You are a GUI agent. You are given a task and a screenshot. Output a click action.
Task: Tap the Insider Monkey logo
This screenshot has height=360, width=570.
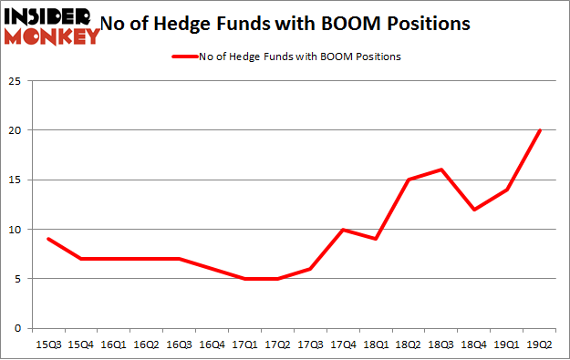pos(52,26)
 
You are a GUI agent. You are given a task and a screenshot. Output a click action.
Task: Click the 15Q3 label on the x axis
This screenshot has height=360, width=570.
pos(47,344)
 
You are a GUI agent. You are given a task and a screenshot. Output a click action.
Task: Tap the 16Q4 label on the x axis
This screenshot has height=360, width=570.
pos(212,344)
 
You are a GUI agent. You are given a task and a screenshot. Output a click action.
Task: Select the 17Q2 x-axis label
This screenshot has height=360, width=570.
pos(277,344)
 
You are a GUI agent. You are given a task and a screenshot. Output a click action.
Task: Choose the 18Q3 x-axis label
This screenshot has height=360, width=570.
pos(441,344)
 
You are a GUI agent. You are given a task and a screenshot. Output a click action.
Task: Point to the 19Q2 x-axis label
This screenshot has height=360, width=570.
pos(540,344)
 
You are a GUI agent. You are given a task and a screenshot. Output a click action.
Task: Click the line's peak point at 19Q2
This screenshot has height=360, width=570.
pos(540,129)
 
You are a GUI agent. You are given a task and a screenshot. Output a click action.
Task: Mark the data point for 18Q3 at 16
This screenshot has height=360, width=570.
pos(441,170)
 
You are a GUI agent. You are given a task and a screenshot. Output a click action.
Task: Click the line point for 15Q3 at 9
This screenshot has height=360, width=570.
pos(47,239)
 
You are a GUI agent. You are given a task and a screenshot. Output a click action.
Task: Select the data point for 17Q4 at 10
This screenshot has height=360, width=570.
pos(343,229)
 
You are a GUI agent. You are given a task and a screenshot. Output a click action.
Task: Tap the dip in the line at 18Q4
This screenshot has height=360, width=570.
pos(474,209)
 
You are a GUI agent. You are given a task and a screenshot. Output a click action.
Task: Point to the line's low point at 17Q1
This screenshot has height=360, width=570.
pos(244,278)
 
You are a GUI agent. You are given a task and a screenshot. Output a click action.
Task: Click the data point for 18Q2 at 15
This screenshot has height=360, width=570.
pos(409,180)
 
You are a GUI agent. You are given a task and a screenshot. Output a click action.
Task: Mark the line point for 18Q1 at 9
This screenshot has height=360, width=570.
pos(376,239)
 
